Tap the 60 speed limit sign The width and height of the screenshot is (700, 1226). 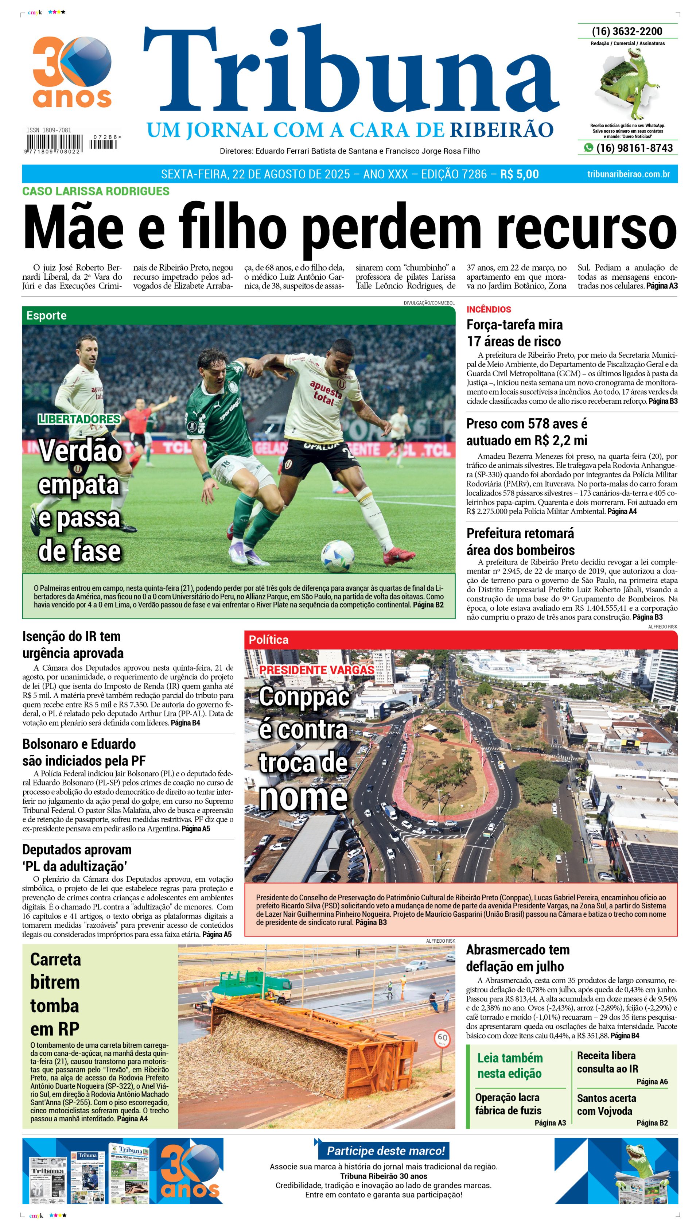[442, 1038]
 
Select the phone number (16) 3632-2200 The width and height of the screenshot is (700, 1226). [627, 31]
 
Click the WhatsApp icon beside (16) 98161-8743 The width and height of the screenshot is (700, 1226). [588, 148]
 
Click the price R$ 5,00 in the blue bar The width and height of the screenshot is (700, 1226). [519, 174]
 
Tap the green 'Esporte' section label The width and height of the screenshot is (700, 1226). [47, 315]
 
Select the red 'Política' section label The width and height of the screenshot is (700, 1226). [268, 640]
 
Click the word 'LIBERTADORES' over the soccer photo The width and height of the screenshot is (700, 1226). [79, 419]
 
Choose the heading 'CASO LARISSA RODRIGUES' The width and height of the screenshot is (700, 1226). [96, 191]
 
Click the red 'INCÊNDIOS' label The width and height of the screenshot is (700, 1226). [489, 309]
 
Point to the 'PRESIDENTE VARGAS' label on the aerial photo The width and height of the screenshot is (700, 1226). [316, 670]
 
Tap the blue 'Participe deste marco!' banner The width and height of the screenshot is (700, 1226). [386, 1151]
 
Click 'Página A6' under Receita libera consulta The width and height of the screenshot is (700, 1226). [652, 1081]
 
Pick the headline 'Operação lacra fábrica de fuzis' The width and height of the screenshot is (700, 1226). [508, 1103]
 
